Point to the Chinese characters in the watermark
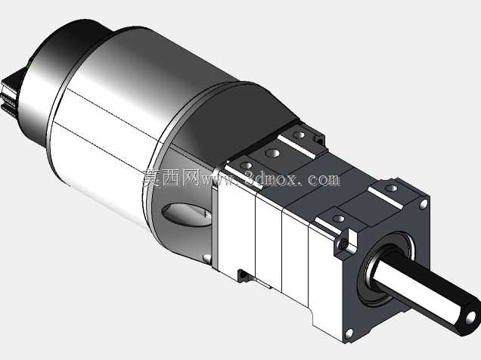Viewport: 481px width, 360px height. coord(171,178)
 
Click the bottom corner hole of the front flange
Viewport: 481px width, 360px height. coord(349,333)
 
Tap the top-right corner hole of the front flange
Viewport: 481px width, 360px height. coord(424,204)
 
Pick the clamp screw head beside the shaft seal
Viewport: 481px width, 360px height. coord(344,244)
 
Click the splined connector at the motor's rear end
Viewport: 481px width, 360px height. coord(10,92)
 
